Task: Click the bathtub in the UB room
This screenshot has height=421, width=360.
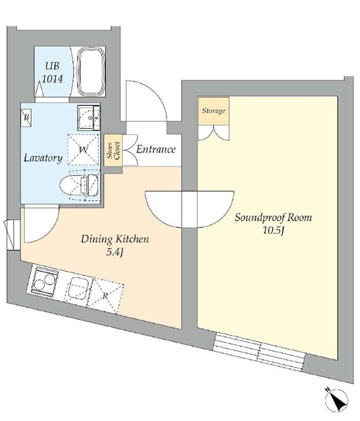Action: coord(91,72)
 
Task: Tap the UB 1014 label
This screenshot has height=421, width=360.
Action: coord(53,72)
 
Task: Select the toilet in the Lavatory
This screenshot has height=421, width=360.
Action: coord(79,185)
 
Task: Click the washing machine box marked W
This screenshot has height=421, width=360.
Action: coord(83,149)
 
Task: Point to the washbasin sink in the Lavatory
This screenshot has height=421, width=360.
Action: coord(89,118)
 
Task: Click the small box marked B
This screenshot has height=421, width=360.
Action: coord(26,118)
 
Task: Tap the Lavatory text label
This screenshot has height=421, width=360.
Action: coord(43,158)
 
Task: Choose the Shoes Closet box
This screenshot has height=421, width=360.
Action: coord(113,151)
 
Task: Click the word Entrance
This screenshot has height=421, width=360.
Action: coord(156,149)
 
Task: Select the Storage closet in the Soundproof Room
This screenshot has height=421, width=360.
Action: coord(214,111)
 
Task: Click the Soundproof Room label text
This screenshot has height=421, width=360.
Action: coord(273,218)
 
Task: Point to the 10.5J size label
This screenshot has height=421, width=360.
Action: coord(274,231)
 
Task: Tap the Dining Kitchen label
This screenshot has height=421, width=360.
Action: coord(115,239)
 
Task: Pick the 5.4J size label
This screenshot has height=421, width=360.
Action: coord(115,253)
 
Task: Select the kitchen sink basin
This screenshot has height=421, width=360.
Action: coord(78,287)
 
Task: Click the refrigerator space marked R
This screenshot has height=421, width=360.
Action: coord(105,295)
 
